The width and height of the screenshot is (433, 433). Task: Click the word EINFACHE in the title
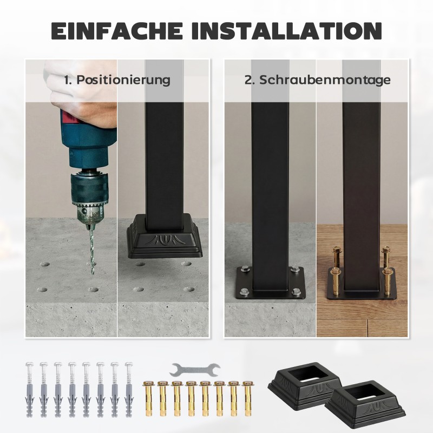(117, 30)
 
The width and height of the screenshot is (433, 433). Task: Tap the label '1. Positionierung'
(117, 80)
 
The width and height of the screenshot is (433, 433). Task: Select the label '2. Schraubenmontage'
(318, 80)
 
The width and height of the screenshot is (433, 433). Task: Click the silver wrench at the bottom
(195, 370)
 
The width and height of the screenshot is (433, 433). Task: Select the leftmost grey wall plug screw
(30, 389)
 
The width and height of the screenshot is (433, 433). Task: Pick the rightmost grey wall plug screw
(129, 389)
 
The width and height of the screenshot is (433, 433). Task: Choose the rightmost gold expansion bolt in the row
(248, 398)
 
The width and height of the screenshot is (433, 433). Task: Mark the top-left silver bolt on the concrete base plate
(245, 268)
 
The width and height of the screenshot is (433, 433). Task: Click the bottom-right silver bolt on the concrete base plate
(296, 291)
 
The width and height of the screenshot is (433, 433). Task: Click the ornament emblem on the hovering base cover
(164, 240)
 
